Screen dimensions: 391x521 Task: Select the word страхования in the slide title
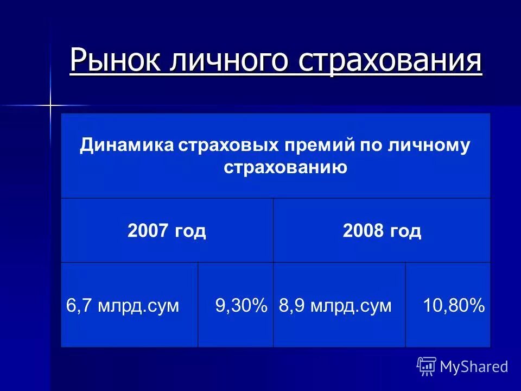390,60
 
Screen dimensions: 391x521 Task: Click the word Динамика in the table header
126,146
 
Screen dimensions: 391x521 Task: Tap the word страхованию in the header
285,167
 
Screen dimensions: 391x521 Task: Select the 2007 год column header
167,231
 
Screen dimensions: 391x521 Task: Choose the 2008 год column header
382,231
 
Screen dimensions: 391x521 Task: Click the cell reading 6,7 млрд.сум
123,305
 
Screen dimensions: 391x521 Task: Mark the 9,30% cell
241,305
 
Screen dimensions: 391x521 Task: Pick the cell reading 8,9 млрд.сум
335,305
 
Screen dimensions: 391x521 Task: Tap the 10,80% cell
454,305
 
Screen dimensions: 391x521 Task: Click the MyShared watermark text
474,367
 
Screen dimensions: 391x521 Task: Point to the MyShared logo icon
427,367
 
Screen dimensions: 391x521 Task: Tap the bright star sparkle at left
50,104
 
